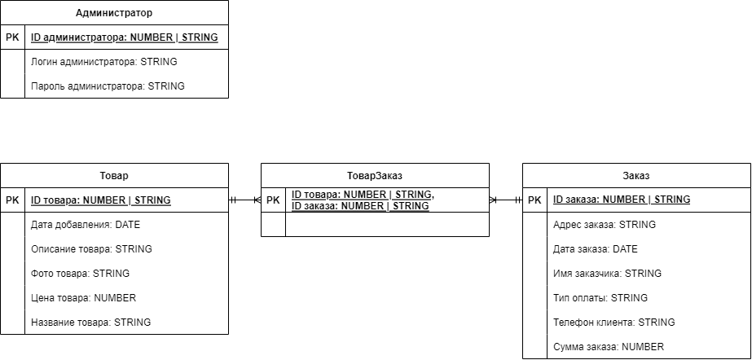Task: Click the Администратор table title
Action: point(114,13)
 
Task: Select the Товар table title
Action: point(114,175)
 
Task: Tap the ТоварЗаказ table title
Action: point(375,175)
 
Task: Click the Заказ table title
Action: point(636,175)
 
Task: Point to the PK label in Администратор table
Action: point(12,37)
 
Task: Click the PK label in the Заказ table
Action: point(534,200)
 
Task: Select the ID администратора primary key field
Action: point(124,37)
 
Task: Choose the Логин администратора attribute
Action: point(103,62)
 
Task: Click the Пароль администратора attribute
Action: point(108,86)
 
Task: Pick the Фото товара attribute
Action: point(80,274)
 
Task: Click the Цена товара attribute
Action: point(83,298)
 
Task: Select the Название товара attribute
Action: point(90,323)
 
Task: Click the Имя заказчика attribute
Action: point(607,274)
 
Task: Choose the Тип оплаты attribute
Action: point(600,298)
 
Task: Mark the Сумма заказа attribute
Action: point(608,347)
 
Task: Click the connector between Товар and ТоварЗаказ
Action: point(244,200)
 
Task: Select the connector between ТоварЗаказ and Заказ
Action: point(505,200)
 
